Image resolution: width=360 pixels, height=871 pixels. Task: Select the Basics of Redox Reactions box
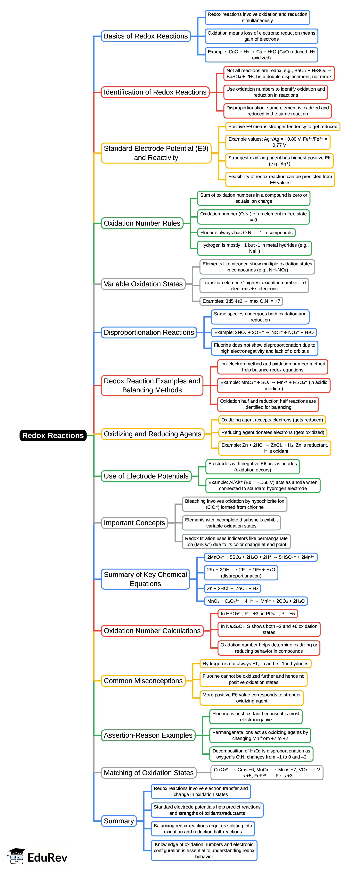(x=146, y=36)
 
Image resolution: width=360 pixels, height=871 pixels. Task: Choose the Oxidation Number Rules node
(x=142, y=223)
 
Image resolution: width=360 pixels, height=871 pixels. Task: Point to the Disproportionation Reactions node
(x=149, y=332)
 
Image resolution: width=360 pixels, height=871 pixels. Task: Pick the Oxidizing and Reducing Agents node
(x=152, y=434)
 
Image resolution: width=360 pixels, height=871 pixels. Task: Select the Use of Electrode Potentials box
(x=146, y=476)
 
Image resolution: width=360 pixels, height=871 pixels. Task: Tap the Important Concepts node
(x=134, y=523)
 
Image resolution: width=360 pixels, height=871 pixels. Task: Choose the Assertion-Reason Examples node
(x=148, y=735)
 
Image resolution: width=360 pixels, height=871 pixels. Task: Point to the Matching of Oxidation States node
(x=149, y=773)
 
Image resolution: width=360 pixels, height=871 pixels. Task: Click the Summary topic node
(x=119, y=821)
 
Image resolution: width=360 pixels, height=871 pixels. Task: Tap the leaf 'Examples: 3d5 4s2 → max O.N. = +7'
(x=241, y=301)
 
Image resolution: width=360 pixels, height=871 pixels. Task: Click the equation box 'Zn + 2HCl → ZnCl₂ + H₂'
(x=232, y=588)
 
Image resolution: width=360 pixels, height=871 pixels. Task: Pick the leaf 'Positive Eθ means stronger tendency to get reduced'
(x=282, y=127)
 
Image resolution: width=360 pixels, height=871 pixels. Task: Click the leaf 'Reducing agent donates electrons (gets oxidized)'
(x=273, y=432)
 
